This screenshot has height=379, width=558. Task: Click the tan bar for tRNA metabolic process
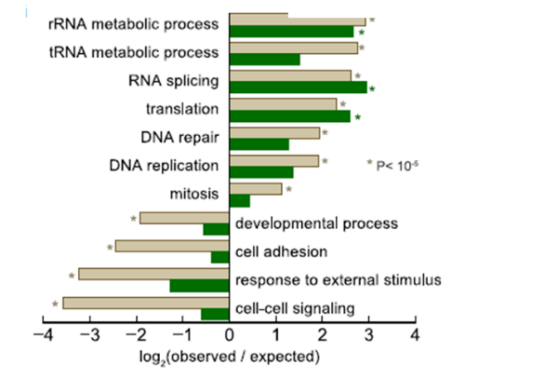[x=293, y=47]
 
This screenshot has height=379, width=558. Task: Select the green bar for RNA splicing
[x=299, y=88]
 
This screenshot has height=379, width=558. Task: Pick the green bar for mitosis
[x=239, y=200]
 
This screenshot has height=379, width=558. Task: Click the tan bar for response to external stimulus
[x=153, y=274]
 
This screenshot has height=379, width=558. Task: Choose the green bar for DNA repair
[x=259, y=144]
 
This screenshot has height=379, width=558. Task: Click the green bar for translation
[x=290, y=116]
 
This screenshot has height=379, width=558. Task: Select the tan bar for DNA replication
[x=274, y=160]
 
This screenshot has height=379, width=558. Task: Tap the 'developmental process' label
[x=316, y=223]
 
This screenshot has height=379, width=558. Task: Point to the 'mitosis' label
[x=193, y=194]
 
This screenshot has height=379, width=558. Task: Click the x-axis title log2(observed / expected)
[x=227, y=358]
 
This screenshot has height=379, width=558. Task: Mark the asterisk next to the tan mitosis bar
[x=289, y=190]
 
